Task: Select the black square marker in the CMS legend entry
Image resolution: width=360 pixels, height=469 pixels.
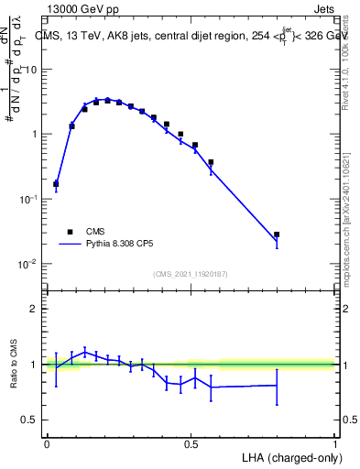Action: (x=70, y=232)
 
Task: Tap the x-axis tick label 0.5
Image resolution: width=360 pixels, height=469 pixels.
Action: (x=191, y=443)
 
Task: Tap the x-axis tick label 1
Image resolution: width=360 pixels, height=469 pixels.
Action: (x=334, y=443)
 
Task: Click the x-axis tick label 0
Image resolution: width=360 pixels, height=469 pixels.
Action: (x=47, y=443)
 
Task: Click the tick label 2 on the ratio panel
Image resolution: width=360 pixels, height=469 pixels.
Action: (x=34, y=309)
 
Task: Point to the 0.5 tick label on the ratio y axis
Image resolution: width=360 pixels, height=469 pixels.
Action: (x=30, y=420)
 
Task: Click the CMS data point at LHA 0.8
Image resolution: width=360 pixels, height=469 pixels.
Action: (x=277, y=234)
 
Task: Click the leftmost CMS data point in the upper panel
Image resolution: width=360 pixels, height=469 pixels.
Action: (x=56, y=183)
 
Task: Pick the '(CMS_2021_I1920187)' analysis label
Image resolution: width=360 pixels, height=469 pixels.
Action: (x=191, y=274)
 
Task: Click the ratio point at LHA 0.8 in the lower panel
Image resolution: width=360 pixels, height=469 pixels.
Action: (x=277, y=385)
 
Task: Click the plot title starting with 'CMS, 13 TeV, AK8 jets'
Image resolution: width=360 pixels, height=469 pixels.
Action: (x=192, y=36)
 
